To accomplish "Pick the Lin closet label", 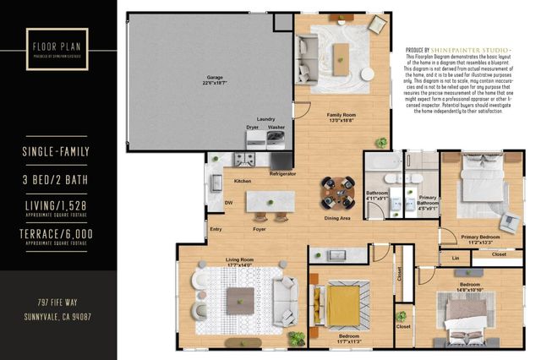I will [x=456, y=258].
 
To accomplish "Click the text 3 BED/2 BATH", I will [x=56, y=180].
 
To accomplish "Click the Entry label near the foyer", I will [x=216, y=229].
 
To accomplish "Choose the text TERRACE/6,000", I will [x=56, y=233].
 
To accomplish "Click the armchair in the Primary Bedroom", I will [x=510, y=222].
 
